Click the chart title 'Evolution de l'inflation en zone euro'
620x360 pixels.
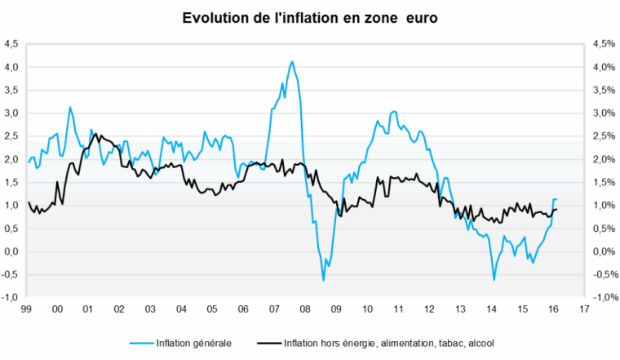pos(309,18)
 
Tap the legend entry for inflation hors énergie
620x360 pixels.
pos(383,344)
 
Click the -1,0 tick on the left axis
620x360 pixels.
pos(9,298)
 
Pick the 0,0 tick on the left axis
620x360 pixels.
pos(11,251)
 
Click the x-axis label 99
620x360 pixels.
pos(27,310)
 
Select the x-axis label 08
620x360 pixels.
pos(304,310)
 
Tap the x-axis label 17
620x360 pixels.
pos(583,310)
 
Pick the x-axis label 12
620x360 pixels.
pos(428,310)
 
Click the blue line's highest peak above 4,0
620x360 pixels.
pos(292,61)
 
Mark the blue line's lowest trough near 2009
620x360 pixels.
pos(323,280)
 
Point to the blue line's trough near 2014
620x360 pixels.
pos(494,280)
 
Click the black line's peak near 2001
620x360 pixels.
pos(95,134)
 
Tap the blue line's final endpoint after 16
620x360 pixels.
pos(556,199)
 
